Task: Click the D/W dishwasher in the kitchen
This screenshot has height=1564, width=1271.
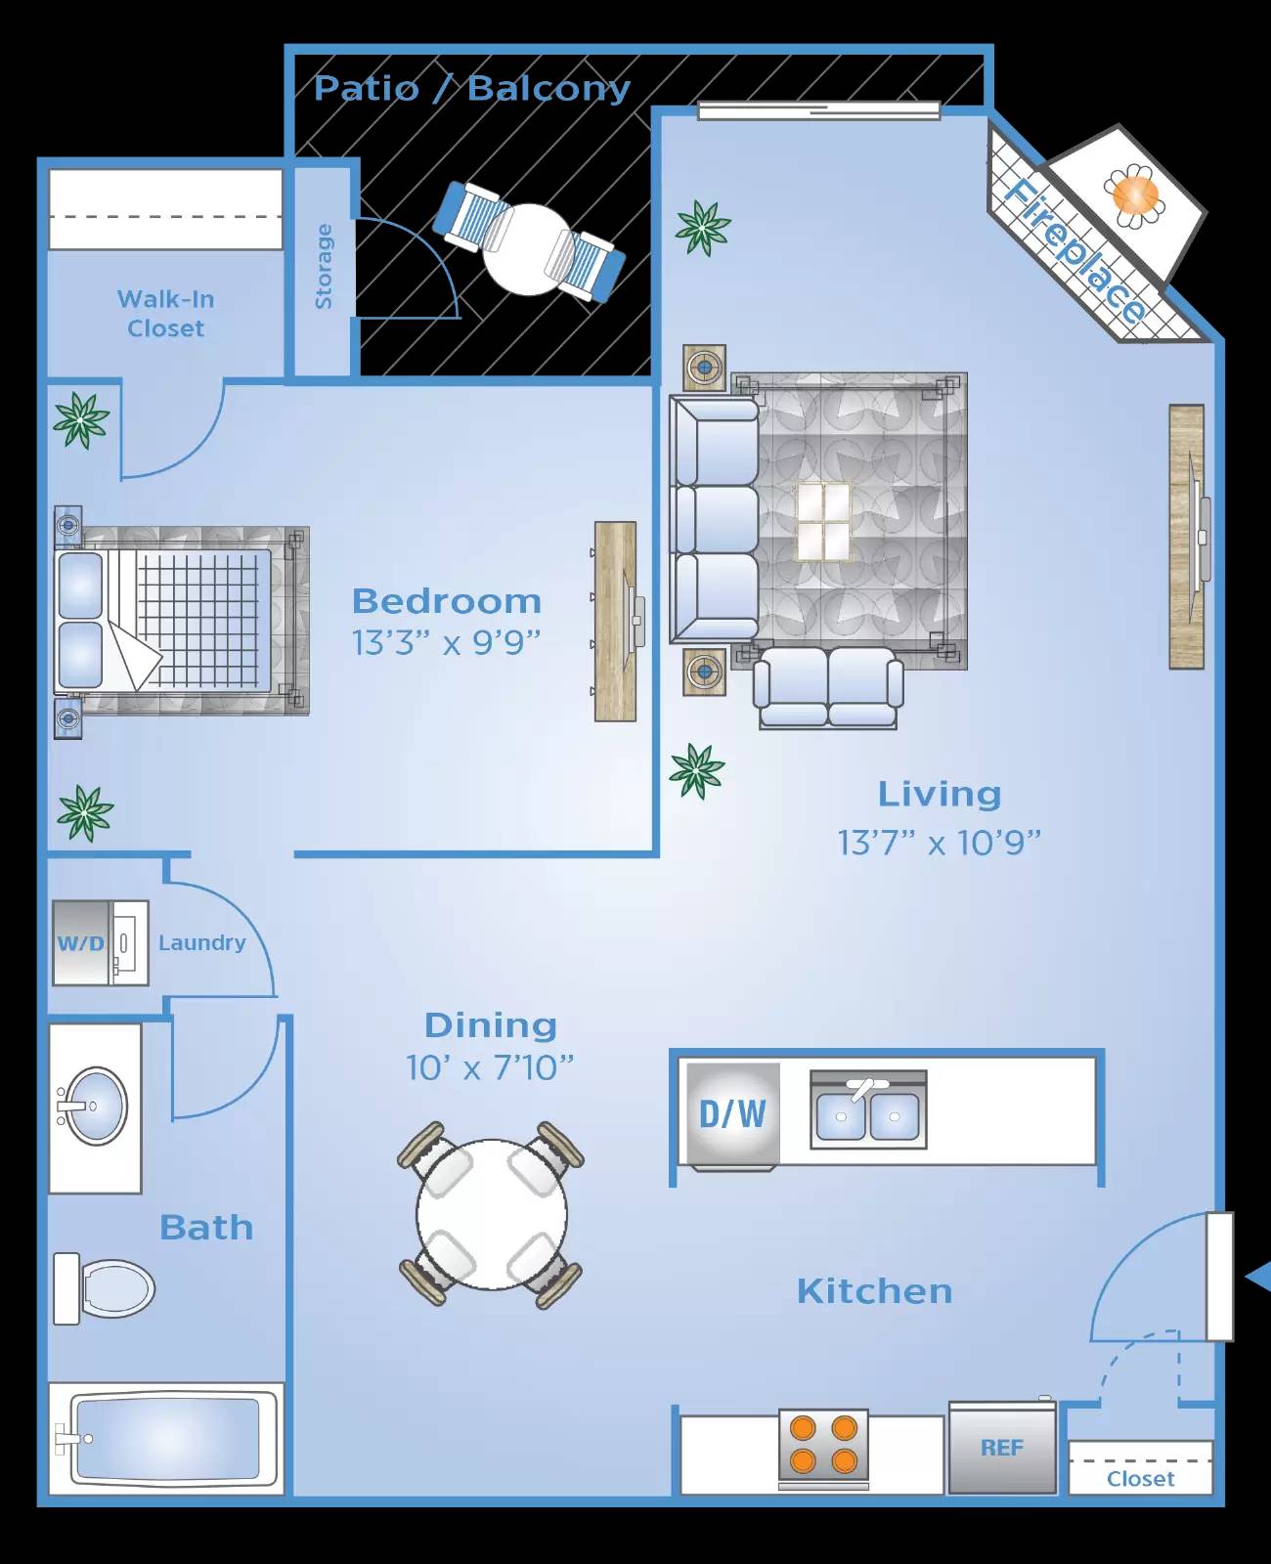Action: (733, 1114)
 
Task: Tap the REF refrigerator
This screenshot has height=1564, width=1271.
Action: (1002, 1449)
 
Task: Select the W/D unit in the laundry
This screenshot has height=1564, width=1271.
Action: (81, 943)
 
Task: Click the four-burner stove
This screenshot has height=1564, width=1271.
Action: (823, 1446)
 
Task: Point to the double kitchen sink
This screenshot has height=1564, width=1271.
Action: (868, 1112)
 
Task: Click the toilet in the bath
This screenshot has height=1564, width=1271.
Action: (108, 1288)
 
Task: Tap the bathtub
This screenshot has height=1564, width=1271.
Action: (166, 1439)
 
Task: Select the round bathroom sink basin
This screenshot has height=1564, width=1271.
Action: (96, 1107)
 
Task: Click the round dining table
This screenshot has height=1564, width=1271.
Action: (492, 1213)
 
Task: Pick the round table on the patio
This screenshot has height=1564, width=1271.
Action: (528, 249)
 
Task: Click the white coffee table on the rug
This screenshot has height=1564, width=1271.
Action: (823, 522)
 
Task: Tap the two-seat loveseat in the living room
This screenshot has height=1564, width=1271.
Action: (828, 686)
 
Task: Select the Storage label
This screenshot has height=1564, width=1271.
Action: (324, 267)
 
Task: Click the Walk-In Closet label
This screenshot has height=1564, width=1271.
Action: (166, 314)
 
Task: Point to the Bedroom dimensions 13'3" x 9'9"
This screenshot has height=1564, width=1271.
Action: (446, 643)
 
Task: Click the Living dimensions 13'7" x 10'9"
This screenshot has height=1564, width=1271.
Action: (939, 843)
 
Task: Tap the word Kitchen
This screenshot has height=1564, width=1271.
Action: (874, 1291)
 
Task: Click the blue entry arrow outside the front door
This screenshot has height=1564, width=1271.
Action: (1259, 1277)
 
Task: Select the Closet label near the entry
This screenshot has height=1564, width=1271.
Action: (1140, 1479)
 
